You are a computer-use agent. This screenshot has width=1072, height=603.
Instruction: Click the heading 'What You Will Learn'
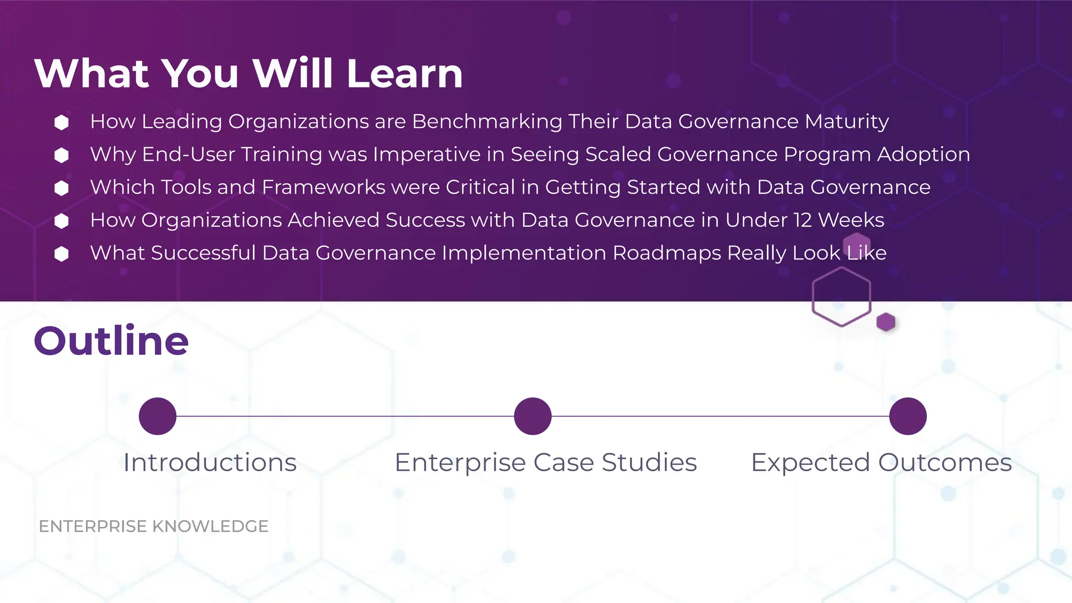click(249, 73)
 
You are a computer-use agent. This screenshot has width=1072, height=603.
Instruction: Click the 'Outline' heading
click(111, 341)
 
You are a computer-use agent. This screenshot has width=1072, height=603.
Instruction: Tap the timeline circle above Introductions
click(158, 416)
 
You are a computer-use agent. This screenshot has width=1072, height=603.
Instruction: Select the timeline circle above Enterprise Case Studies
click(533, 416)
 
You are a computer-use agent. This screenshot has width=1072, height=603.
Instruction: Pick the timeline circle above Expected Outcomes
click(908, 416)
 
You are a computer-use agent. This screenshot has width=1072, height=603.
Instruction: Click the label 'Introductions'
click(210, 463)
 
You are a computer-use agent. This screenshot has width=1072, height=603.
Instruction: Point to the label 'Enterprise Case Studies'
click(545, 463)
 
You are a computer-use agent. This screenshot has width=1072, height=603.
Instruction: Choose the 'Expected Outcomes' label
click(881, 463)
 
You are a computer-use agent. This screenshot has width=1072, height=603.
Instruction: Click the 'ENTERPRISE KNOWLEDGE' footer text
click(153, 526)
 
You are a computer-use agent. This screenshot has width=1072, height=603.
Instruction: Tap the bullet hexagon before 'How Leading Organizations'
click(62, 122)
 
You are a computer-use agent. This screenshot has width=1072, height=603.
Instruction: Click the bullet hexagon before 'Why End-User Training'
click(62, 155)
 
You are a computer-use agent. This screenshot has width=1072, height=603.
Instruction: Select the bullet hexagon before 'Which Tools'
click(62, 188)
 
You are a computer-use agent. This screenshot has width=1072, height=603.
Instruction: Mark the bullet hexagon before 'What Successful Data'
click(62, 254)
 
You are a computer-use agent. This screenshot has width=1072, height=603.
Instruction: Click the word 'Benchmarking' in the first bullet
click(487, 121)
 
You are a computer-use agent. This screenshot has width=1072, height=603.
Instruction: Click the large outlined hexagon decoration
click(841, 297)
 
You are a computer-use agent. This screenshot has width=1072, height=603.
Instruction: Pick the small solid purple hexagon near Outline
click(886, 322)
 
